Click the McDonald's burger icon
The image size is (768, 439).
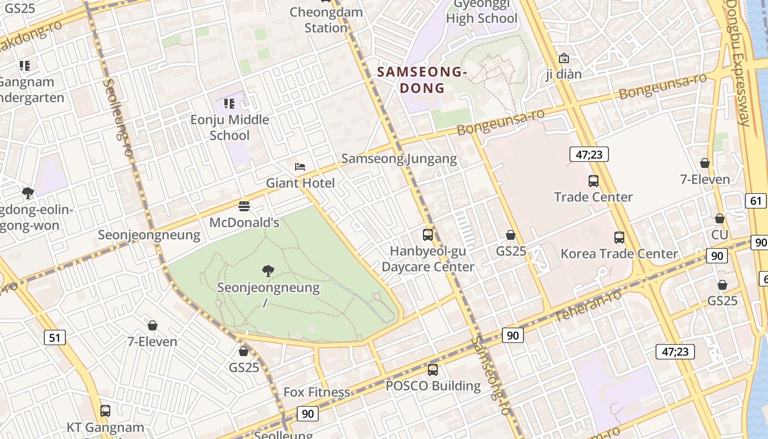click(244, 206)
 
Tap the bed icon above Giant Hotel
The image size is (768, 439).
click(300, 166)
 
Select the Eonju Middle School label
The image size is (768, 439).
click(230, 127)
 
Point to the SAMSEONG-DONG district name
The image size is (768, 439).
click(422, 80)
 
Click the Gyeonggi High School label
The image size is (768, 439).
click(481, 18)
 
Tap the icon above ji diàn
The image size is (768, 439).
click(563, 58)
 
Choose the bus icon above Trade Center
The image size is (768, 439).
click(593, 181)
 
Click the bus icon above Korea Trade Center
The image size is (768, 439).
click(619, 238)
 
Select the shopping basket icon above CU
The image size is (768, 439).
click(720, 218)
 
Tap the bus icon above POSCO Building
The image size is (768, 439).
click(433, 370)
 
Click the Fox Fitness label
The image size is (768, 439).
click(317, 392)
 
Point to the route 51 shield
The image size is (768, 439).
click(54, 337)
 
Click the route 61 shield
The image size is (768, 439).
click(756, 201)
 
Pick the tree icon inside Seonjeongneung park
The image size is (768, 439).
click(268, 271)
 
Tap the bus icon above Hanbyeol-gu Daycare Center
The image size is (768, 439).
click(428, 235)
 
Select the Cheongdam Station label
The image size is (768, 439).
click(326, 20)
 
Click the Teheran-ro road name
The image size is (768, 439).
click(588, 306)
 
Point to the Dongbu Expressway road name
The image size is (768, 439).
click(738, 63)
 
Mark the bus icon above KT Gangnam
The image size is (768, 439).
click(105, 410)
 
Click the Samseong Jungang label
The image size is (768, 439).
click(399, 159)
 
